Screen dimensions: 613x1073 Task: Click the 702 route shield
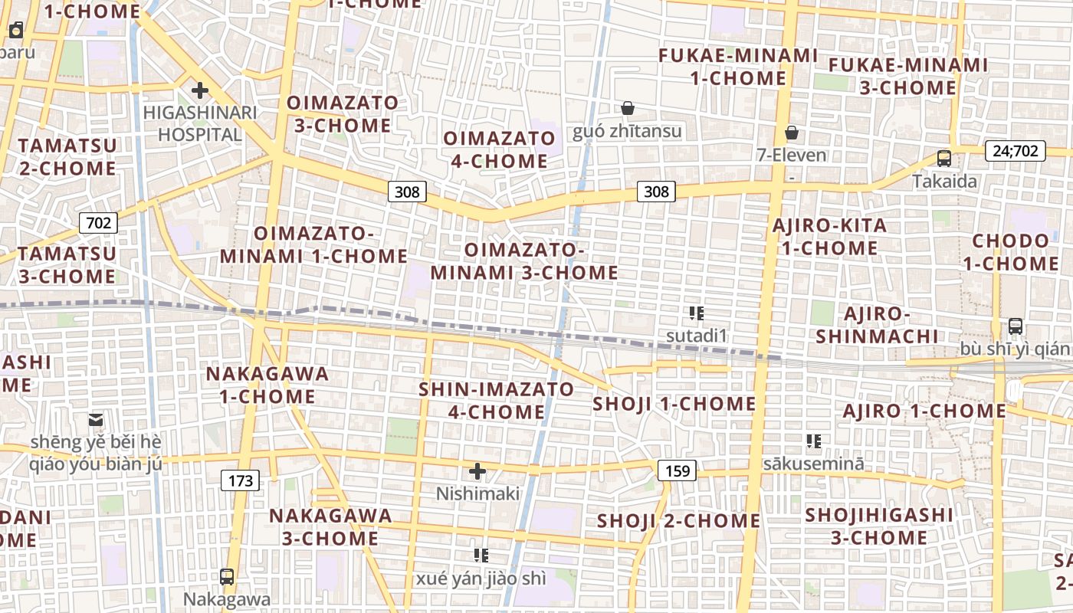(98, 223)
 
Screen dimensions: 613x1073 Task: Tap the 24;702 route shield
(1016, 151)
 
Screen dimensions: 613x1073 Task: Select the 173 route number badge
(241, 480)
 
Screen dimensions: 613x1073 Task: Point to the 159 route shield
(678, 470)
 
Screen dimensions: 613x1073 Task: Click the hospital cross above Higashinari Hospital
(200, 91)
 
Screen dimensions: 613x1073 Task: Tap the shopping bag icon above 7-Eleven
(792, 133)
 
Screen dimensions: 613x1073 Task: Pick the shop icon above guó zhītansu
(628, 109)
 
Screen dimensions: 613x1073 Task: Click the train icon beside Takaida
(944, 159)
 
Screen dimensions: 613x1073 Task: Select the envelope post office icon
(96, 420)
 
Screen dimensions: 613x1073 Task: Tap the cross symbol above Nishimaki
(477, 471)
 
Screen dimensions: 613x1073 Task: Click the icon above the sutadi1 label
(696, 313)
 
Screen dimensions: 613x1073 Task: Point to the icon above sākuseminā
(813, 441)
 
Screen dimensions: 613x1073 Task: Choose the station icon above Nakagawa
(227, 576)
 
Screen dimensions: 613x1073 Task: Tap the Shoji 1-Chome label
(674, 404)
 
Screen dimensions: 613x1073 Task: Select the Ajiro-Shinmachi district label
(877, 325)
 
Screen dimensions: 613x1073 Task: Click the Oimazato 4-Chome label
(499, 149)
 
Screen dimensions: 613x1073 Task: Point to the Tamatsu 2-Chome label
(67, 156)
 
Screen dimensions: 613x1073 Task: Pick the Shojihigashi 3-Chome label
(879, 526)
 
